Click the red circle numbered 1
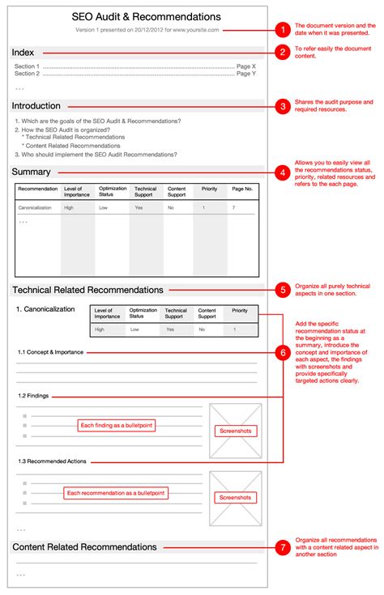(x=282, y=30)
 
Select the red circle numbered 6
(x=282, y=353)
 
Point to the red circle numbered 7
(x=282, y=547)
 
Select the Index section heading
(x=23, y=53)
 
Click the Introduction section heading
(x=36, y=106)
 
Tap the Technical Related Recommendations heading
(x=87, y=289)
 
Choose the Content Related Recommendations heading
(x=85, y=547)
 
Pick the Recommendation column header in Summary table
(x=38, y=189)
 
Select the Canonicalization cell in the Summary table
(x=36, y=208)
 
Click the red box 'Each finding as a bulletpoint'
(x=116, y=425)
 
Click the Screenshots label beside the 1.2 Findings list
(x=235, y=431)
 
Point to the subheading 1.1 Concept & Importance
(x=50, y=353)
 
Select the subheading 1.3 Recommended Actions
(x=52, y=461)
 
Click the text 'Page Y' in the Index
(x=246, y=74)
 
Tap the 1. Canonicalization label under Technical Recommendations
(x=46, y=310)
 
